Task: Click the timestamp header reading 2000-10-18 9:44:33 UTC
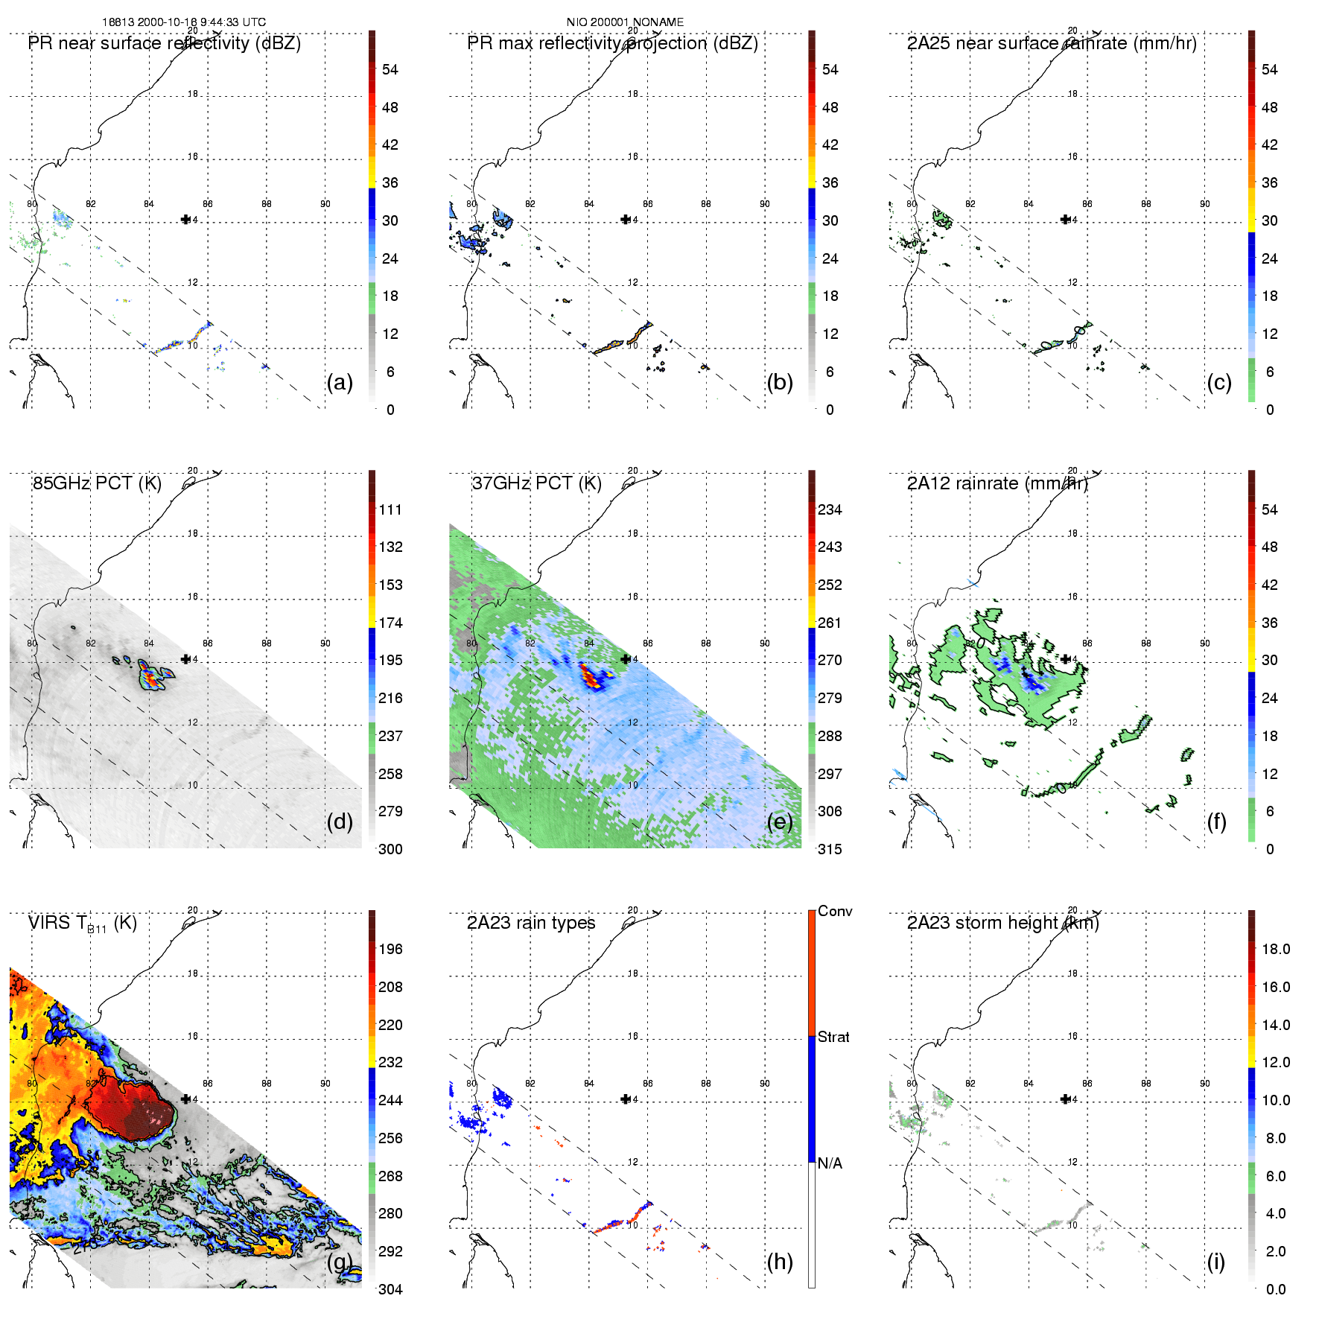(183, 22)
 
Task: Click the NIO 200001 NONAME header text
(625, 22)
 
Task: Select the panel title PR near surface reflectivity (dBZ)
(164, 43)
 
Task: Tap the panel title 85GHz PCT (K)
(97, 483)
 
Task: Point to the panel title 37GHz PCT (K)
(536, 483)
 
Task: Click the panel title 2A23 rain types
(531, 924)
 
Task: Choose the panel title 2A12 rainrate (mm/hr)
(997, 483)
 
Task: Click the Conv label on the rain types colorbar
(835, 912)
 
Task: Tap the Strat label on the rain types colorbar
(833, 1037)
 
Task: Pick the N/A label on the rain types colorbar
(830, 1163)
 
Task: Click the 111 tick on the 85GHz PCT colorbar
(390, 510)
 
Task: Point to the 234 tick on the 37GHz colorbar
(830, 510)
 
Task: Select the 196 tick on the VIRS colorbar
(390, 950)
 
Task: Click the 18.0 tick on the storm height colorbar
(1275, 950)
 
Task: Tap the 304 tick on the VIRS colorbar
(390, 1289)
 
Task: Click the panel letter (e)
(780, 821)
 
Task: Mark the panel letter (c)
(1219, 382)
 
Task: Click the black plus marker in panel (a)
(185, 219)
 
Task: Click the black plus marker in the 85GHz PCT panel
(185, 659)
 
